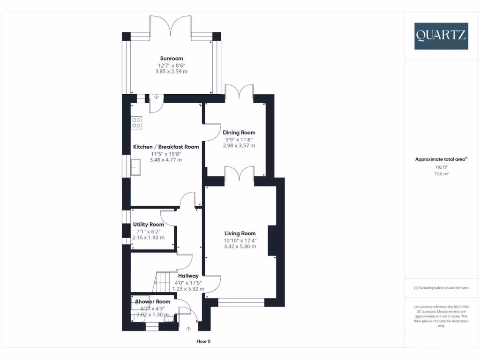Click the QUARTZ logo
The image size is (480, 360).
[x=441, y=36]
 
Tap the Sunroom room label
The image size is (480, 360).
[x=172, y=59]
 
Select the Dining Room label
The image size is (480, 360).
[x=239, y=133]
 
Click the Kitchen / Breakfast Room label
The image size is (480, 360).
[x=166, y=147]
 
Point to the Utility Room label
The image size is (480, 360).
[x=148, y=225]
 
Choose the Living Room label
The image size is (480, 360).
[x=240, y=233]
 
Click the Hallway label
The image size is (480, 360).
[x=188, y=276]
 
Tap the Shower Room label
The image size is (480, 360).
[x=153, y=301]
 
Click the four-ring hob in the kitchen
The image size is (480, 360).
[x=136, y=122]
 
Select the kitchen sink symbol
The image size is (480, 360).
[x=137, y=166]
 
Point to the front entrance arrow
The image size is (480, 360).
[x=188, y=329]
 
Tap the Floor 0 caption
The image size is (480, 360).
[x=203, y=341]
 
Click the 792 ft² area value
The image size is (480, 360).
[x=441, y=166]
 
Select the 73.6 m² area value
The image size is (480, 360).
[x=441, y=173]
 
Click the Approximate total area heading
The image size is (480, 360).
[x=441, y=159]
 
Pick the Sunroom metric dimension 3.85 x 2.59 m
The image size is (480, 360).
[x=172, y=72]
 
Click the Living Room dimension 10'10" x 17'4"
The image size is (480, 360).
[x=240, y=240]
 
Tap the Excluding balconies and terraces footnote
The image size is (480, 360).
[x=441, y=288]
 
